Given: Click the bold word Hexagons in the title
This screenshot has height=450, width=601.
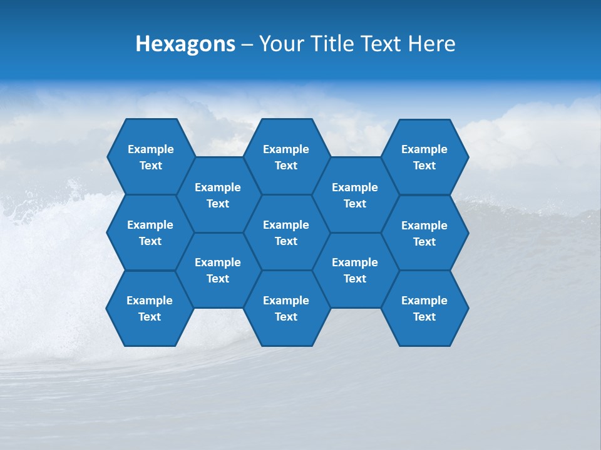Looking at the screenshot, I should pos(185,44).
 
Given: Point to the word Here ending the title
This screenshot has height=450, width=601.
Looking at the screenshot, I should pos(432,44).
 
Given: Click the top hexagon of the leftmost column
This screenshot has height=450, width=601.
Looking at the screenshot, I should pos(150,157).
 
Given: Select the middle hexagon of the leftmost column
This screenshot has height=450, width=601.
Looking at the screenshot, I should pos(150,232).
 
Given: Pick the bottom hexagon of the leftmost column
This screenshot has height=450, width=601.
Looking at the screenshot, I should pos(150,308).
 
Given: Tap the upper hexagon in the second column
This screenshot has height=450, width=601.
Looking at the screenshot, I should pos(218,195).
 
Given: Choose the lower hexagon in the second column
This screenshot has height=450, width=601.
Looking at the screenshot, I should pos(218,270).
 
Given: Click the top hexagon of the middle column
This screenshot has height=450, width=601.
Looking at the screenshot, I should pos(286,157).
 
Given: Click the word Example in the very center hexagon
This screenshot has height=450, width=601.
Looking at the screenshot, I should pos(286,225).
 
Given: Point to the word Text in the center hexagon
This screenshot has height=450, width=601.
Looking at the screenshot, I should pos(286,241).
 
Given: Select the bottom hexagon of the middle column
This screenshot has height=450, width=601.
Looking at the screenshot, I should pos(286,308).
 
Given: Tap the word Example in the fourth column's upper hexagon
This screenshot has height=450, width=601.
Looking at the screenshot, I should pos(355,187).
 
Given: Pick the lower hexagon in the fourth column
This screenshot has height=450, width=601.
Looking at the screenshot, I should pos(355,270).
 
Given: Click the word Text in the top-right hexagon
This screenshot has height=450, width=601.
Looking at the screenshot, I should pos(424,166).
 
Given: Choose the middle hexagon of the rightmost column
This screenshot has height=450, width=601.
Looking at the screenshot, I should pos(424,233).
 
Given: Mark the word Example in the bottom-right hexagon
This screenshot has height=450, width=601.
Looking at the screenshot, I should pos(424,301).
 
